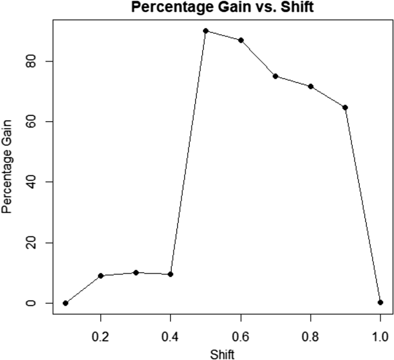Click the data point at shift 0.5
[x=206, y=31]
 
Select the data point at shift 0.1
[x=66, y=303]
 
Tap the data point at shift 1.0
[x=380, y=302]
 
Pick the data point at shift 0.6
[x=241, y=40]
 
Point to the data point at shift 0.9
[x=345, y=107]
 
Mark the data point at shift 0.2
[x=101, y=276]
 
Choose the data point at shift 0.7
[x=276, y=76]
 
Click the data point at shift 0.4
[x=171, y=274]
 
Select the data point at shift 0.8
[x=311, y=86]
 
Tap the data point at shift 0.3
[x=136, y=273]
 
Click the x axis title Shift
[x=222, y=353]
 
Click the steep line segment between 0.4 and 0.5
[x=188, y=153]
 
